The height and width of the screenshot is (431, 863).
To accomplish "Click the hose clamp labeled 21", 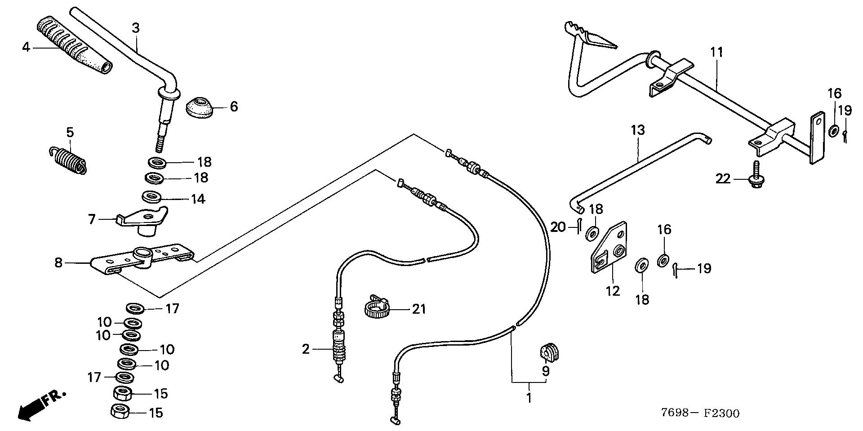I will (375, 308).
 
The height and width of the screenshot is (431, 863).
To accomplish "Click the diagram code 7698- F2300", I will (701, 413).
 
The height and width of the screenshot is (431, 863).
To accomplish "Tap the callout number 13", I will (637, 130).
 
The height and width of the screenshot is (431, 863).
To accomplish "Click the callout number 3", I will (136, 28).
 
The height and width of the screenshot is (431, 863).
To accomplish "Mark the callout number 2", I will (306, 349).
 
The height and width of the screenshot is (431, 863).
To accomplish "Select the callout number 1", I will (529, 398).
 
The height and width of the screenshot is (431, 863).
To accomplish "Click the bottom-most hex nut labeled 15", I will (120, 412).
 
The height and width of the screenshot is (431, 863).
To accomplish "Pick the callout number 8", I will (58, 262).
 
